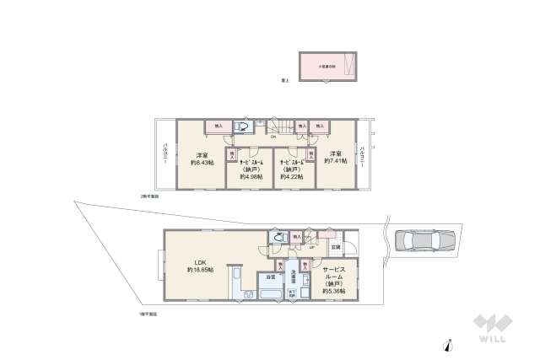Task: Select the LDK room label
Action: pyautogui.click(x=200, y=261)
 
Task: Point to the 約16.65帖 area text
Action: pyautogui.click(x=200, y=270)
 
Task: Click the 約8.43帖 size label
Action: pyautogui.click(x=202, y=163)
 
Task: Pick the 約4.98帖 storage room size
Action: pyautogui.click(x=251, y=177)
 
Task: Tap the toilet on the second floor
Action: pyautogui.click(x=242, y=128)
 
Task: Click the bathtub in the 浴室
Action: pyautogui.click(x=270, y=296)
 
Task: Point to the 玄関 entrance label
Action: pyautogui.click(x=335, y=246)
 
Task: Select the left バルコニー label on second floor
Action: pyautogui.click(x=165, y=157)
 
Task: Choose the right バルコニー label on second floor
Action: pyautogui.click(x=362, y=157)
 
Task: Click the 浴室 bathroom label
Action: pyautogui.click(x=271, y=277)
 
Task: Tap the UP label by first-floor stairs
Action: pyautogui.click(x=312, y=247)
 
